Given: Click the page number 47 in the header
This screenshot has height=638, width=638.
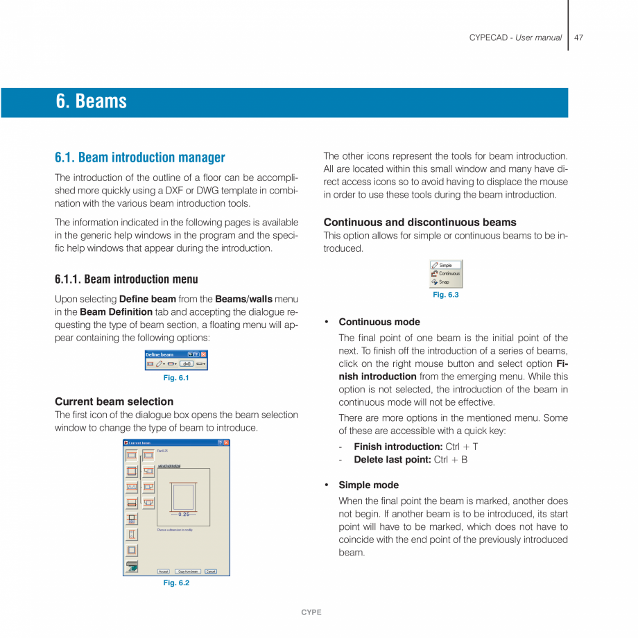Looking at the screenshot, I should (x=578, y=37).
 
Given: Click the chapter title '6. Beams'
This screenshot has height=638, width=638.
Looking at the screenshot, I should (x=92, y=102).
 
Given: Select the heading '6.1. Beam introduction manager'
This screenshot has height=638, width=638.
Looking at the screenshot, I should (x=140, y=157).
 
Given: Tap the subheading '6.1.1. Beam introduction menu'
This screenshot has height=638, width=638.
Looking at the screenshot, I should (x=126, y=279).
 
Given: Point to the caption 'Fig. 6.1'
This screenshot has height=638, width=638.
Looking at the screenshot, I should (x=176, y=378).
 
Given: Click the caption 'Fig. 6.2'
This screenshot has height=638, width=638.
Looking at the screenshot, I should (x=176, y=583).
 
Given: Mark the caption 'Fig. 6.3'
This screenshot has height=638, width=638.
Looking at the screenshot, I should (x=446, y=295).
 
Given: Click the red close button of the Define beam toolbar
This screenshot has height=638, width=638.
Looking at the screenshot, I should (x=203, y=354).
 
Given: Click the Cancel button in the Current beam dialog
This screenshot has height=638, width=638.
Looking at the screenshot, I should (x=211, y=571).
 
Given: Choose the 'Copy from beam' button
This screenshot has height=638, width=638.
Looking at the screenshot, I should (x=188, y=571).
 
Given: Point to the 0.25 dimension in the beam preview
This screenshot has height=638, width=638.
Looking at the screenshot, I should (x=184, y=515).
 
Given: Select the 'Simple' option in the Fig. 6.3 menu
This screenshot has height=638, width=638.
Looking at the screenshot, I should (x=445, y=265).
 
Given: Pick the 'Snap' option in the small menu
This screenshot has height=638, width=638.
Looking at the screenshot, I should (x=444, y=282).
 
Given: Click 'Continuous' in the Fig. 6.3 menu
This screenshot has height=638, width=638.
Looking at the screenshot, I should (x=449, y=273).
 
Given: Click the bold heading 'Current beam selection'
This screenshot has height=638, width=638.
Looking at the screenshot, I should (x=114, y=402).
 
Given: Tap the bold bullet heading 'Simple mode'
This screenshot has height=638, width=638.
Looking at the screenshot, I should (x=368, y=485).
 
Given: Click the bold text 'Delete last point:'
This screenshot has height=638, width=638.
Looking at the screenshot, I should (x=392, y=459).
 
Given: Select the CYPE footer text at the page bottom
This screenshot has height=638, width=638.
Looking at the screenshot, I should (x=311, y=612).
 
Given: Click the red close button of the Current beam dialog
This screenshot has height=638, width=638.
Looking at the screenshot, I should (x=226, y=442).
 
